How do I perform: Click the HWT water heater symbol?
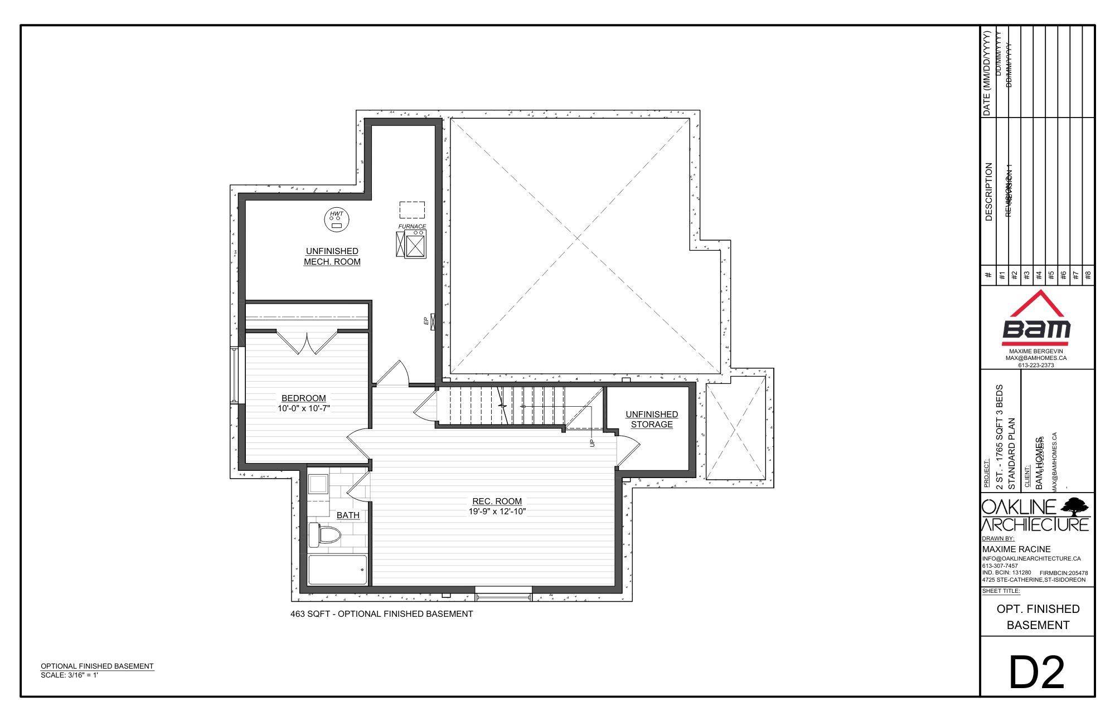(x=336, y=220)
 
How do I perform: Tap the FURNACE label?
(x=412, y=226)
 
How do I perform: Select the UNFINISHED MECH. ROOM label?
(x=332, y=256)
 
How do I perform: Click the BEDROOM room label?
(x=303, y=398)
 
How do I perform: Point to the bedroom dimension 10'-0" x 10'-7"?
(x=304, y=408)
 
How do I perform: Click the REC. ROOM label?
(x=497, y=501)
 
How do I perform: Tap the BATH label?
(x=348, y=515)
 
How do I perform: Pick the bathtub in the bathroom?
(x=338, y=569)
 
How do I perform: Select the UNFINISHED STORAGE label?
(x=652, y=419)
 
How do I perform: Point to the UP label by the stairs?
(x=592, y=442)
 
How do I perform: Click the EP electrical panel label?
(x=426, y=321)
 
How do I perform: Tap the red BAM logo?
(x=1036, y=323)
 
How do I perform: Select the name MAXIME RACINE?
(x=1016, y=549)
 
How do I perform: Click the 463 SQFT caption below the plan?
(x=381, y=614)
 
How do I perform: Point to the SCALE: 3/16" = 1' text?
(x=70, y=675)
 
